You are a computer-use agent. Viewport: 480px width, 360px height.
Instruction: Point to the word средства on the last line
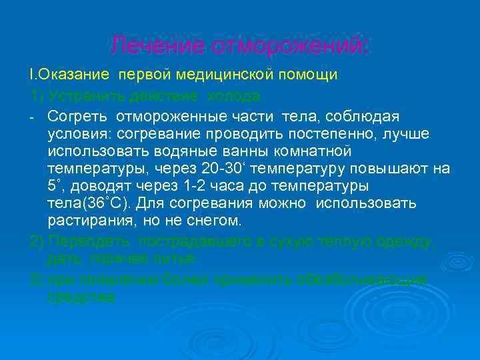(x=81, y=296)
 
